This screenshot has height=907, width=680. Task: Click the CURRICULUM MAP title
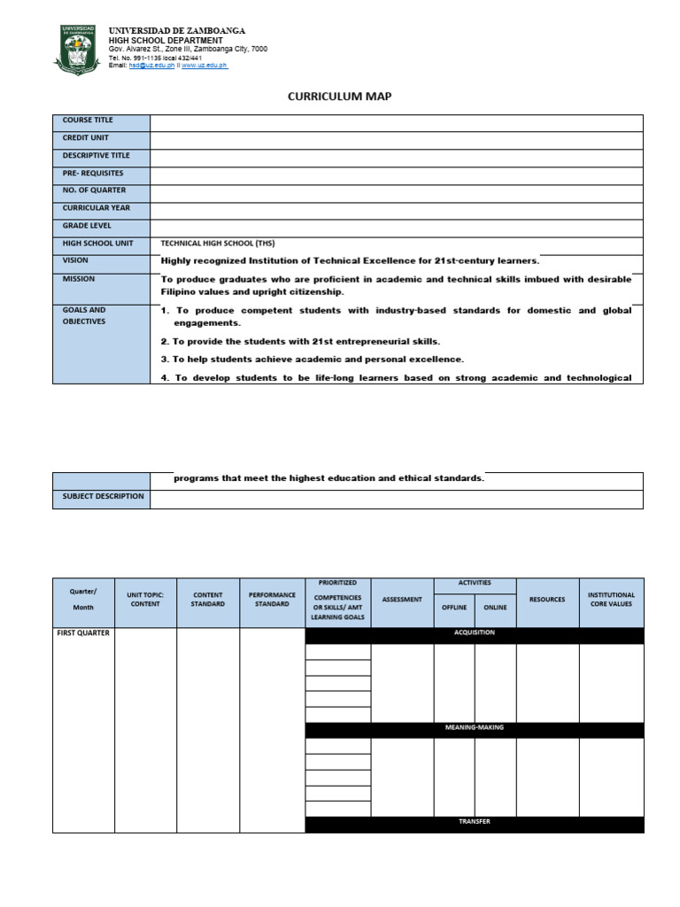[339, 97]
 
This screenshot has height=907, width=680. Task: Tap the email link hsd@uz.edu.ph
[147, 66]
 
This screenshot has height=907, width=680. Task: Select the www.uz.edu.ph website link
[205, 66]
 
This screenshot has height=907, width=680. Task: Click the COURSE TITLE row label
[88, 120]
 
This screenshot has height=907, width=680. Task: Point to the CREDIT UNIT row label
[86, 138]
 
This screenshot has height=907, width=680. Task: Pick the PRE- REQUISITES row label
[93, 174]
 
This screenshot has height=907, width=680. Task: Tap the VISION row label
[75, 261]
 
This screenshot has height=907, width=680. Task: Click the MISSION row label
[79, 279]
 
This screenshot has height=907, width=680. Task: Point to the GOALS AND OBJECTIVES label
[84, 315]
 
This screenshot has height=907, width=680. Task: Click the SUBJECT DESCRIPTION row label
[103, 496]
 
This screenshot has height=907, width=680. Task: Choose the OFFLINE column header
[454, 608]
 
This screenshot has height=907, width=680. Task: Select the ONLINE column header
[495, 608]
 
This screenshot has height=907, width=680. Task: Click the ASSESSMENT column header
[402, 600]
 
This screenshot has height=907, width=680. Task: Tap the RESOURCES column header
[547, 600]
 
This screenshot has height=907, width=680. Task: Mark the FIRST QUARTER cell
[83, 633]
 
